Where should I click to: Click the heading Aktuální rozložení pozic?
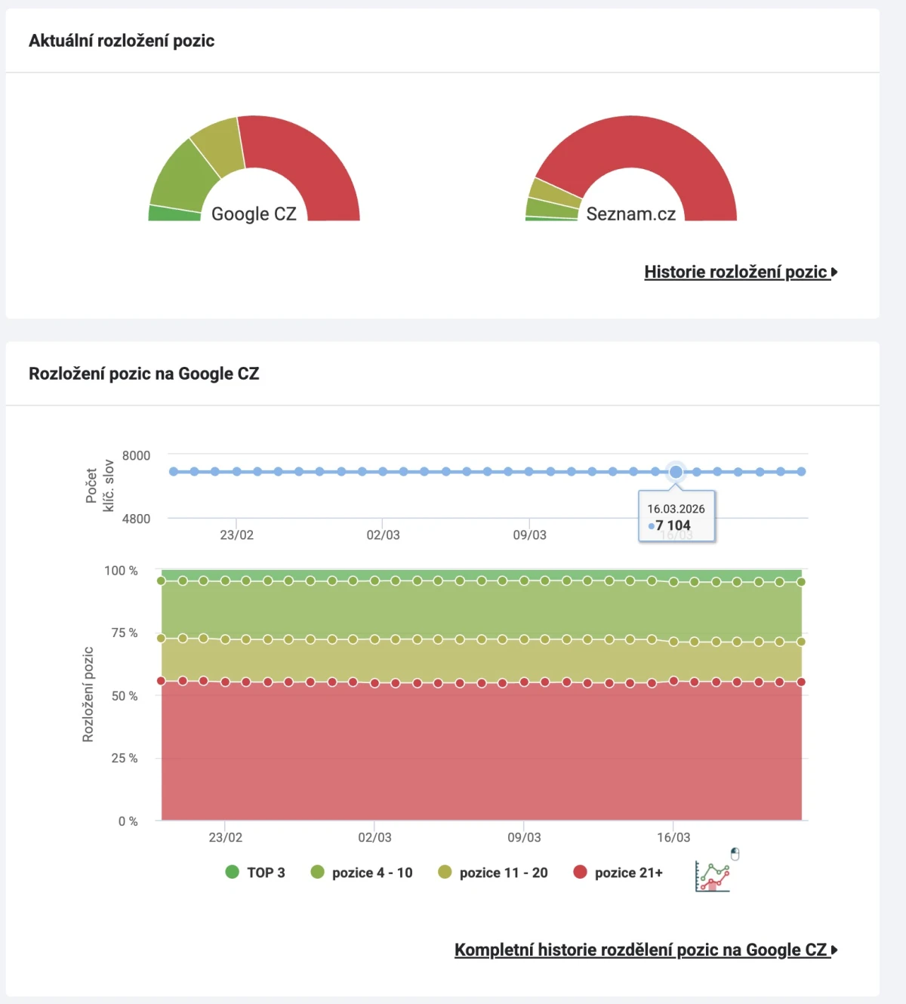click(x=122, y=41)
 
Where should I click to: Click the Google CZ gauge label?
click(x=254, y=214)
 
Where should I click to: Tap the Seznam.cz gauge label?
click(x=631, y=214)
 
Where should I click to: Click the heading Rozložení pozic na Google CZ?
click(x=143, y=374)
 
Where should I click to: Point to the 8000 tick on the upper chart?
click(x=136, y=455)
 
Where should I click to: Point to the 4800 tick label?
click(x=136, y=519)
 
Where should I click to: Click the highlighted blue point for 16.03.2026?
click(x=676, y=472)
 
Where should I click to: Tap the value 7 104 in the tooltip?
click(x=673, y=525)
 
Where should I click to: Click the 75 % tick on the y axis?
click(x=125, y=633)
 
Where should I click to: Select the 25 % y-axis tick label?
click(x=125, y=758)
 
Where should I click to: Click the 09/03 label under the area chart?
click(x=524, y=837)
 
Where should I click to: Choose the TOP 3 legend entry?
click(x=255, y=873)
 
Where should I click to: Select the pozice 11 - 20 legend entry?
click(x=493, y=873)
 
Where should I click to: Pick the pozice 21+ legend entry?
click(x=618, y=873)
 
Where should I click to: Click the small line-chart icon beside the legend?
click(x=712, y=876)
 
